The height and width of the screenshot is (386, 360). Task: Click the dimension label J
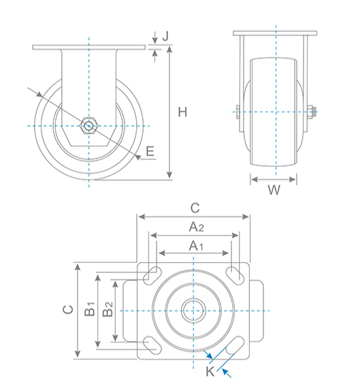[x=165, y=34]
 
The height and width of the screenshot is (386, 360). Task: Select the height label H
[x=182, y=112]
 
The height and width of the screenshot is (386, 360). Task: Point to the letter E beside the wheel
[x=150, y=151]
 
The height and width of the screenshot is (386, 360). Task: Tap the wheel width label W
[x=274, y=191]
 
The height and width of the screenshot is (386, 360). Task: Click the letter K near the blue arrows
[x=210, y=371]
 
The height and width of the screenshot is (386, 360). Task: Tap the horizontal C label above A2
[x=195, y=207]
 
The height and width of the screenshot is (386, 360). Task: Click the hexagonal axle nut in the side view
[x=88, y=125]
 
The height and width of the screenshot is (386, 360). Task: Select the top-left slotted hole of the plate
[x=152, y=275]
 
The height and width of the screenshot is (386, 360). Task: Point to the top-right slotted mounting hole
[x=236, y=275]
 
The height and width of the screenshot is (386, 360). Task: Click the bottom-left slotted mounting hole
[x=152, y=344]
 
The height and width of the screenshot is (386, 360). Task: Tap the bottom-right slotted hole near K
[x=235, y=344]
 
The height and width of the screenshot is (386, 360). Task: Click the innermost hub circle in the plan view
[x=195, y=310]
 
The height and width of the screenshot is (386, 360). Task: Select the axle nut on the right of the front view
[x=312, y=112]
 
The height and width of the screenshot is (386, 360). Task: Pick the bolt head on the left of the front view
[x=236, y=112]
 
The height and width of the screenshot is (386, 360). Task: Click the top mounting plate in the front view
[x=275, y=34]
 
